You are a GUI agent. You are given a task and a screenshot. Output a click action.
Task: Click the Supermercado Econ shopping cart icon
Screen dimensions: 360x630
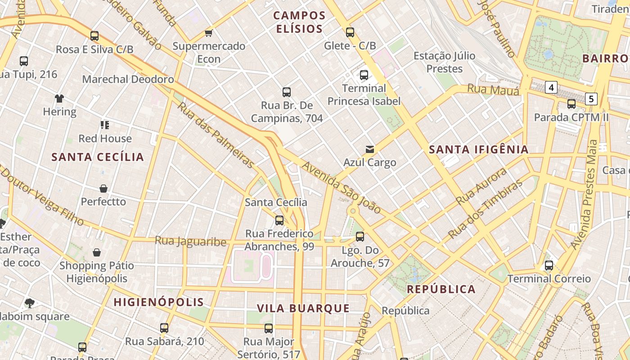208,33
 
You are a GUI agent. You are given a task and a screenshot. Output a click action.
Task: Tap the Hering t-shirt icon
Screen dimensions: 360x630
59,98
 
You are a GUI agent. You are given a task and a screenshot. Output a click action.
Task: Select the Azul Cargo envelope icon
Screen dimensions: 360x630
369,149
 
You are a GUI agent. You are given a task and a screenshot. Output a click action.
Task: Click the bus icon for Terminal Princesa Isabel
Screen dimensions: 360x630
364,75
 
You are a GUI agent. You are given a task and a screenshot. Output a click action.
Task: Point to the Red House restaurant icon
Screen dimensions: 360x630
105,125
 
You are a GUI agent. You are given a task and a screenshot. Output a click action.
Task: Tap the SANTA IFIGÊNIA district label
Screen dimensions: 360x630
478,149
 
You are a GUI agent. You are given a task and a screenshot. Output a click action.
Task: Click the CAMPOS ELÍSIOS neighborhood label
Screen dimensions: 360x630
299,22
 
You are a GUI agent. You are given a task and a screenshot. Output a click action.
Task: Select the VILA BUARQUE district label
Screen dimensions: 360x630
303,308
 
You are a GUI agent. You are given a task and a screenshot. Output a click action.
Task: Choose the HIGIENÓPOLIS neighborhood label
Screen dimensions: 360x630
159,302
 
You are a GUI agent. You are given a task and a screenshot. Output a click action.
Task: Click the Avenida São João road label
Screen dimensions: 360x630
341,188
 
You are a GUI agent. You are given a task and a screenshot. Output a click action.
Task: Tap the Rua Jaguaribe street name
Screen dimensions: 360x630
190,241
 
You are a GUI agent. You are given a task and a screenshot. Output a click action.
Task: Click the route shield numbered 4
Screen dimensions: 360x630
551,87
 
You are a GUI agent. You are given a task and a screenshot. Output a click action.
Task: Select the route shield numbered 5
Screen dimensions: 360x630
591,99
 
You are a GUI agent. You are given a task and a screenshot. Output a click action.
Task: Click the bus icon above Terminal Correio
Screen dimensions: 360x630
549,265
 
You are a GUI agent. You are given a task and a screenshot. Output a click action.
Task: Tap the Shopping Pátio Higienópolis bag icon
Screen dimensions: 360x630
96,252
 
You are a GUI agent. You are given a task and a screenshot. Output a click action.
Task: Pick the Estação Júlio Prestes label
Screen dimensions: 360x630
444,62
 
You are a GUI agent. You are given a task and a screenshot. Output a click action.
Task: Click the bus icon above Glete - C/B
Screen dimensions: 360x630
350,32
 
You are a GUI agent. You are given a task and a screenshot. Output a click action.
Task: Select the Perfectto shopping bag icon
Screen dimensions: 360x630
103,188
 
